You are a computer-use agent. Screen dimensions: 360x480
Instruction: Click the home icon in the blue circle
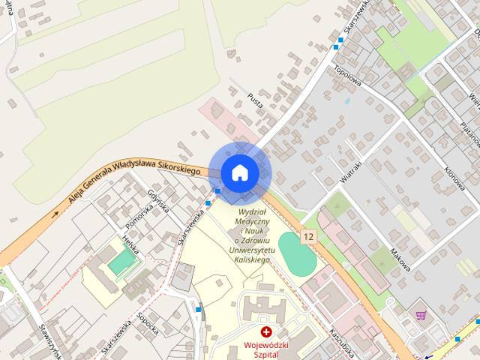click(x=238, y=173)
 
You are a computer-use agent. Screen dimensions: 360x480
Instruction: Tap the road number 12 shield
click(x=308, y=237)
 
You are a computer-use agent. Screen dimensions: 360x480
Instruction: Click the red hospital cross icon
click(x=265, y=331)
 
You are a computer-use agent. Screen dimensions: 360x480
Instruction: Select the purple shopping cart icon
click(x=421, y=316)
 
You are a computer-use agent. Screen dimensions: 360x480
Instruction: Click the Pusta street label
click(x=255, y=102)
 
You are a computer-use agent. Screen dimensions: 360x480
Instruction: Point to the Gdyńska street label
click(x=157, y=200)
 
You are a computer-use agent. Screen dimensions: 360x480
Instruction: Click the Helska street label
click(x=130, y=241)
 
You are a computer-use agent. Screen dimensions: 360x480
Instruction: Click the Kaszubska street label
click(x=341, y=342)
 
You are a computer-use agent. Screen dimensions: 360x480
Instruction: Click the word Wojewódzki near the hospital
click(x=265, y=346)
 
